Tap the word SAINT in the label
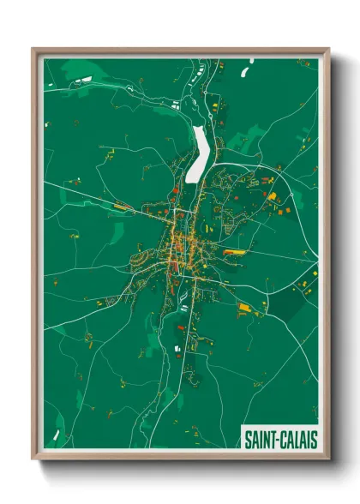261,440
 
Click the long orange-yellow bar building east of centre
233,252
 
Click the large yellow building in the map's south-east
246,306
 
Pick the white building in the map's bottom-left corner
57,435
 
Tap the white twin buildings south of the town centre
179,348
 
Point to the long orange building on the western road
119,207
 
